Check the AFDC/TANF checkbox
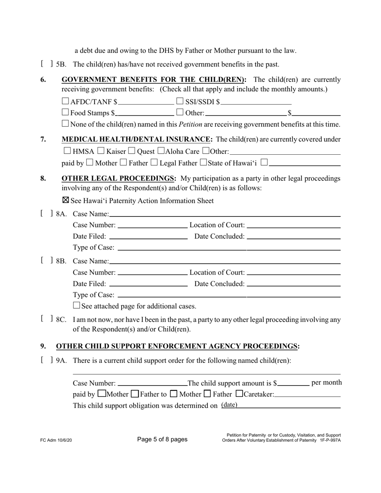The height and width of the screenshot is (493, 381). coord(66,101)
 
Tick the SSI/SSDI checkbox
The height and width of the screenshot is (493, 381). coord(180,101)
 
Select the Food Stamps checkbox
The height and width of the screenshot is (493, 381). coord(66,113)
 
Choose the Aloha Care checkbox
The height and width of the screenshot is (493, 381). coord(161,151)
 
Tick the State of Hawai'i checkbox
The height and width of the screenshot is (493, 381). coord(203,162)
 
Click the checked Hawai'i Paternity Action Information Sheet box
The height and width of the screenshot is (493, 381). coord(66,200)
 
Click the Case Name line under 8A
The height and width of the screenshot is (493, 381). coord(225,214)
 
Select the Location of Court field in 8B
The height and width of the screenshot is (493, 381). coord(294,273)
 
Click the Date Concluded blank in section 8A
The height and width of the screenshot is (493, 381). coord(294,236)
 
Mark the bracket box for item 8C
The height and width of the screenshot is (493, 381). coord(47,319)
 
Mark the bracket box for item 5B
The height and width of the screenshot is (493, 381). coord(47,64)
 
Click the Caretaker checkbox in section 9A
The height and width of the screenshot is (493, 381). coord(239,394)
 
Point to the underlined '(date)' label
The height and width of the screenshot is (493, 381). coord(229,405)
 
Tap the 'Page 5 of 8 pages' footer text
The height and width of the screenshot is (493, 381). coord(162,439)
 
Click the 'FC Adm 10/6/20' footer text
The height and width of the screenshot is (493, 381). coord(57,440)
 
